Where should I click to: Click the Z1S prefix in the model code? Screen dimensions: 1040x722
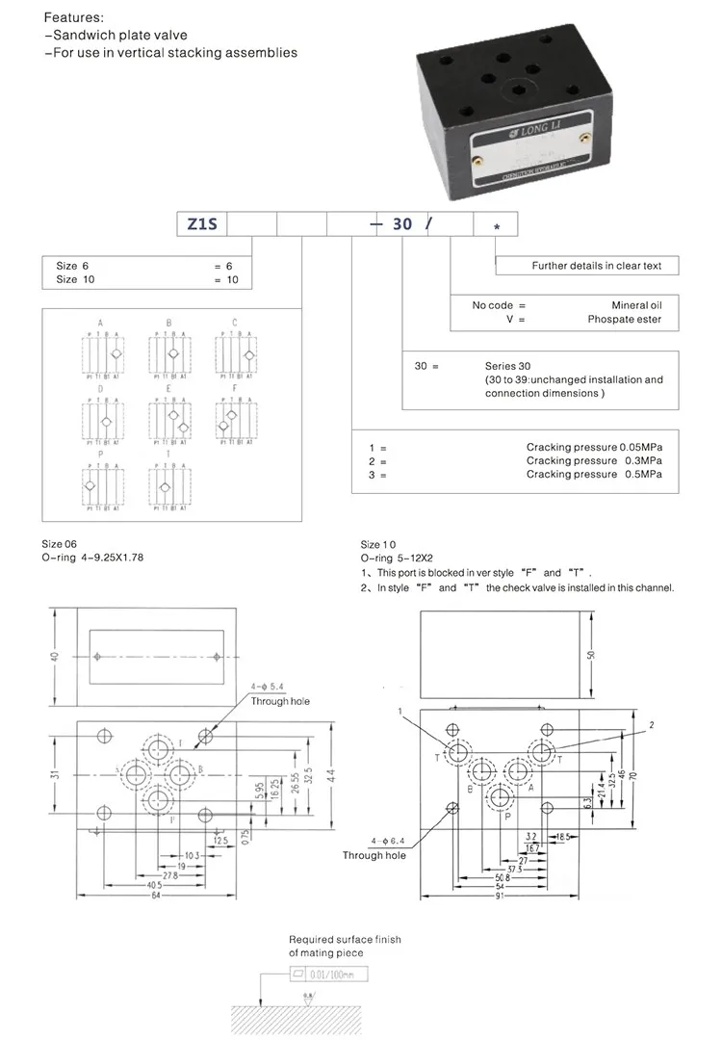(x=200, y=223)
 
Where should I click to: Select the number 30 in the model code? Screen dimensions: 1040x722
(x=402, y=223)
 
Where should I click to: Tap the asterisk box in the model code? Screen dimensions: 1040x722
(x=496, y=225)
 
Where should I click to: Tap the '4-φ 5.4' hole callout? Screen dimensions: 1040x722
(x=269, y=687)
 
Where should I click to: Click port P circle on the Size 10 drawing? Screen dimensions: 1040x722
(x=500, y=798)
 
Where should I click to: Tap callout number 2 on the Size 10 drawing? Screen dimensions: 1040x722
(x=652, y=724)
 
